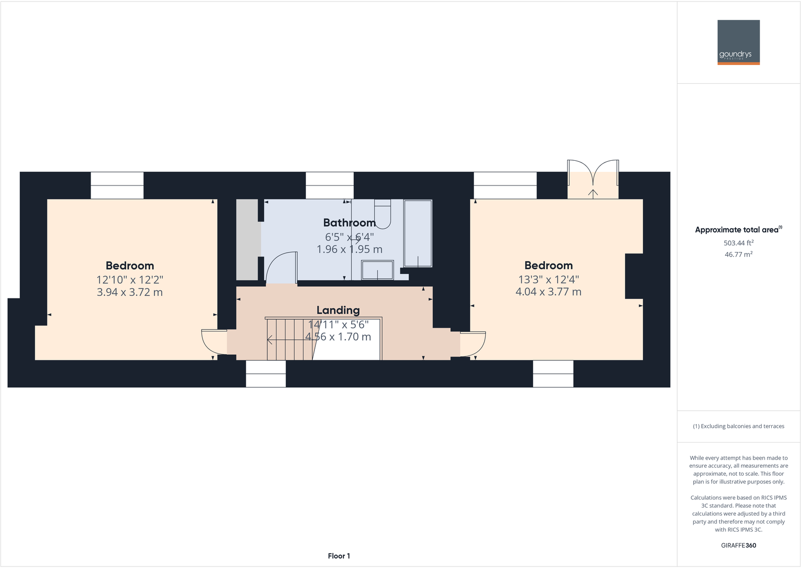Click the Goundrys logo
coord(738,42)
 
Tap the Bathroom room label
coord(349,223)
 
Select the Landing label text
coord(338,310)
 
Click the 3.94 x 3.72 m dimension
coord(129,292)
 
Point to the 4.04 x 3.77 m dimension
coord(548,292)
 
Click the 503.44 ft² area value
coord(738,243)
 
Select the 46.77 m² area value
coord(738,255)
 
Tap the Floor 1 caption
coord(339,556)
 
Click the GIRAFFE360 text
coord(738,545)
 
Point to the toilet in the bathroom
coord(382,214)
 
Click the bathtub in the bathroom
coord(418,233)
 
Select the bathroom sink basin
coord(377,270)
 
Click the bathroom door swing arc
coord(280,267)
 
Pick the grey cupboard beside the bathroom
coord(247,239)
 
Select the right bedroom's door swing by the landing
coord(473,343)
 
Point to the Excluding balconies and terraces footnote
coord(738,426)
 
